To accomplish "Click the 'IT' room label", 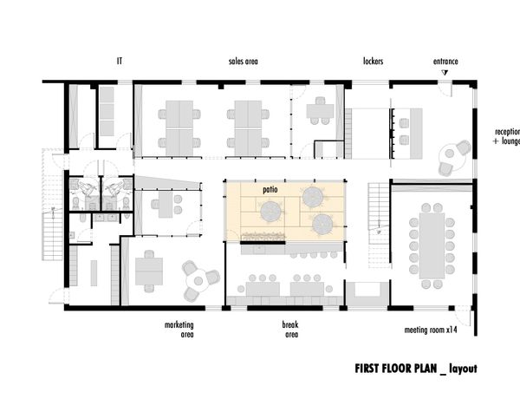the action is [120, 61].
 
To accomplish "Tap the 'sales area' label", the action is [243, 62].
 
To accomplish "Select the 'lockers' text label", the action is [373, 61].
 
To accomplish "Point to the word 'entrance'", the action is [445, 62].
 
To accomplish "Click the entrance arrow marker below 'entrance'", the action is [445, 72].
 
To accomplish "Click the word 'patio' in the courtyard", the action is [270, 190].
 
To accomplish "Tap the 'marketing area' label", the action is [179, 330].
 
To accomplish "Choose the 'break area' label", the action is [290, 330].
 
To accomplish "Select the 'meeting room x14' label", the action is [431, 330].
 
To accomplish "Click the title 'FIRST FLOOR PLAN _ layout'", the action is [416, 369].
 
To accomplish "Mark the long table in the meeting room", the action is [432, 245].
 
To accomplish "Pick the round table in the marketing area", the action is [198, 281].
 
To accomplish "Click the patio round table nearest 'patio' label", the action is [272, 211].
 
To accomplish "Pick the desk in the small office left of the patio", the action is [166, 205].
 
